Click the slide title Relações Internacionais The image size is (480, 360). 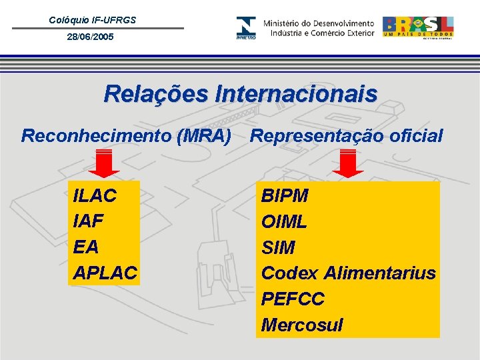pyautogui.click(x=240, y=94)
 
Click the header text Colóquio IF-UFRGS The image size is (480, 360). pyautogui.click(x=92, y=20)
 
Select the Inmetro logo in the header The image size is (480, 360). pyautogui.click(x=245, y=28)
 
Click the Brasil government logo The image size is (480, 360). pyautogui.click(x=417, y=27)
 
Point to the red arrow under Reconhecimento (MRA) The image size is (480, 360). pyautogui.click(x=104, y=164)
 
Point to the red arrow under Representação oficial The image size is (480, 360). pyautogui.click(x=347, y=164)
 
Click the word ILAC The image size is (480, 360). pyautogui.click(x=95, y=196)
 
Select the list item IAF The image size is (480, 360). pyautogui.click(x=90, y=221)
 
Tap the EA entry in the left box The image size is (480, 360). pyautogui.click(x=86, y=247)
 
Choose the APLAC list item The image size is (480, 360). pyautogui.click(x=105, y=273)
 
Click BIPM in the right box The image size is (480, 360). pyautogui.click(x=285, y=196)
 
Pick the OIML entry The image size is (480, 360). pyautogui.click(x=284, y=221)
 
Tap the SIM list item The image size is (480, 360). pyautogui.click(x=278, y=247)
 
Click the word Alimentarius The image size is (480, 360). pyautogui.click(x=379, y=273)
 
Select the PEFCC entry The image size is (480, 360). pyautogui.click(x=293, y=299)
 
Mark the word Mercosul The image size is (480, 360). pyautogui.click(x=302, y=325)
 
